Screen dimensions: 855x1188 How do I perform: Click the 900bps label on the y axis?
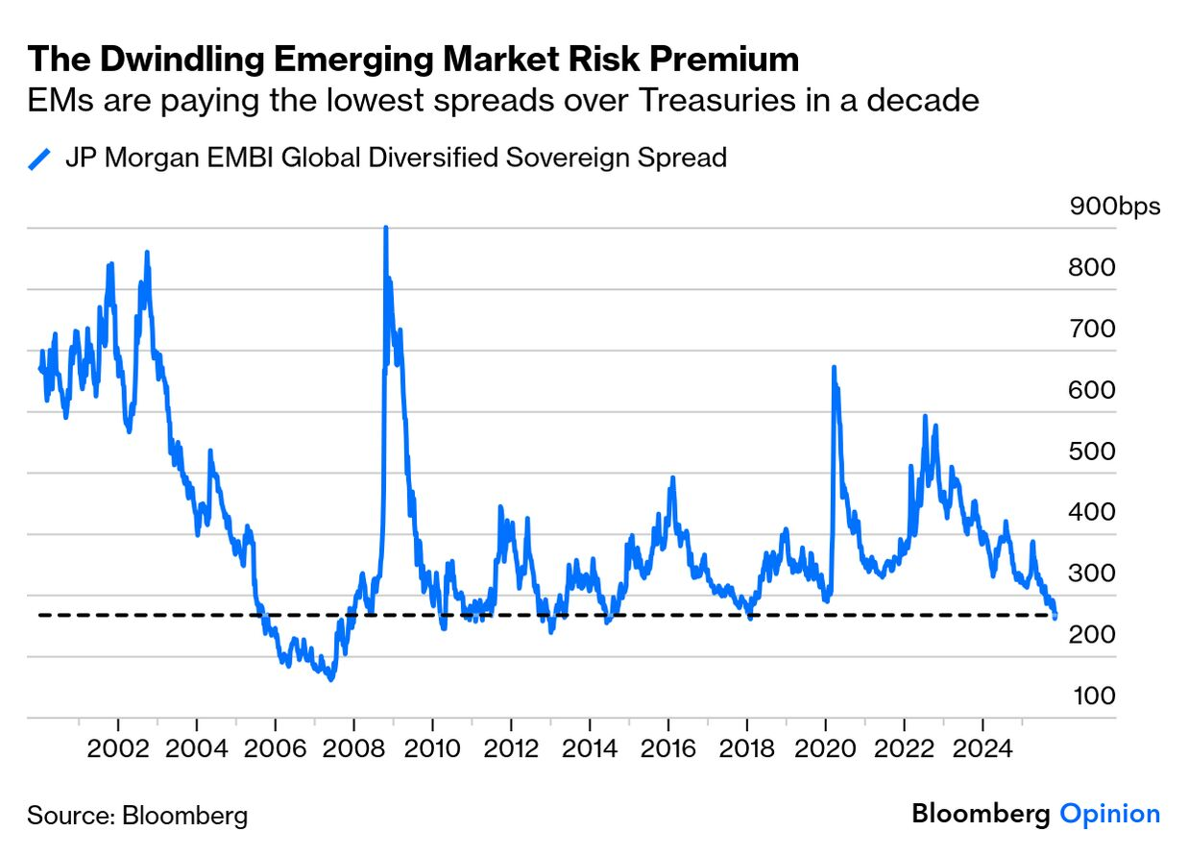pos(1114,208)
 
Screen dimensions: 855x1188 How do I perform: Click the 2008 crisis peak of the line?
pos(385,229)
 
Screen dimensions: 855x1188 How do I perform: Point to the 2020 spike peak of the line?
pos(834,368)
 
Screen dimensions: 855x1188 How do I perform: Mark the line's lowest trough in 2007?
pos(331,679)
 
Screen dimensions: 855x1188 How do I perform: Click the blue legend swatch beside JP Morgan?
pos(39,159)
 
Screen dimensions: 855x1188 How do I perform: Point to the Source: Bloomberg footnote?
pos(137,816)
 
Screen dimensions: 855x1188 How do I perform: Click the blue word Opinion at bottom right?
pos(1109,815)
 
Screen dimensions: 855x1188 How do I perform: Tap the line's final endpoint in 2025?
pos(1055,617)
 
